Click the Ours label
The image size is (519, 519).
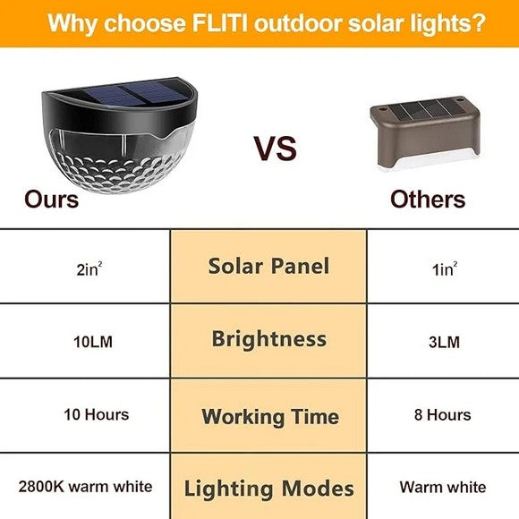click(51, 198)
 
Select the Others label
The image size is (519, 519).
click(428, 198)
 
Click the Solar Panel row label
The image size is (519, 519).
click(268, 266)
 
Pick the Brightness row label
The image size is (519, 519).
click(268, 339)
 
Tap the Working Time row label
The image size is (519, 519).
click(269, 416)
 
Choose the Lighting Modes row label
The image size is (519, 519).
click(268, 489)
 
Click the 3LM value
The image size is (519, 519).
click(442, 340)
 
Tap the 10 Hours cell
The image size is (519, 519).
click(96, 414)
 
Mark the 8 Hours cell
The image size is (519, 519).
click(442, 414)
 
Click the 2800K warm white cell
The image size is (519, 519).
click(85, 488)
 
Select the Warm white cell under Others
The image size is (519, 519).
click(442, 488)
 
